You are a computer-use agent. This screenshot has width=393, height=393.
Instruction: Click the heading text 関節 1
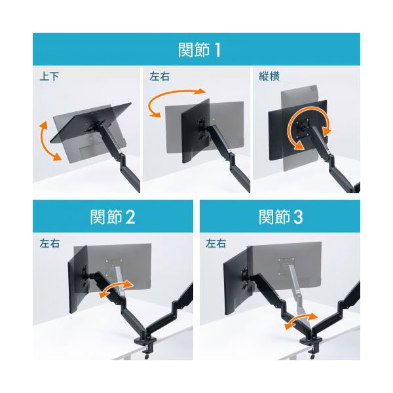(199, 50)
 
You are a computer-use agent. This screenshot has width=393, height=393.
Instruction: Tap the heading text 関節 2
(113, 217)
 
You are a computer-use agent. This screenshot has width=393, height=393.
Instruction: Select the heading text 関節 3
(281, 217)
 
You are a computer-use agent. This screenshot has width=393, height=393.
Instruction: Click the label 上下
(49, 76)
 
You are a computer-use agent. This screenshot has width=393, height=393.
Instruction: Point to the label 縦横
(269, 76)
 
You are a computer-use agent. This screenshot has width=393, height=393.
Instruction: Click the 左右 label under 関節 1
(159, 76)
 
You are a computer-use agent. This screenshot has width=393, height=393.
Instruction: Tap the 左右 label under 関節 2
(49, 243)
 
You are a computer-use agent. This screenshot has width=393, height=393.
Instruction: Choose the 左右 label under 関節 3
(215, 243)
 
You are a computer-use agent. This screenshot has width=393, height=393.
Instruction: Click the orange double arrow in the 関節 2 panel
(116, 288)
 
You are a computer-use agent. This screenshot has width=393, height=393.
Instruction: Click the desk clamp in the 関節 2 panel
(145, 345)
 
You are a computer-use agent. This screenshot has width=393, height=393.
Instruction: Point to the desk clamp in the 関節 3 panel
(311, 345)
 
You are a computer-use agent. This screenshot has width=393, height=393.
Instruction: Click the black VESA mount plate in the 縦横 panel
(303, 128)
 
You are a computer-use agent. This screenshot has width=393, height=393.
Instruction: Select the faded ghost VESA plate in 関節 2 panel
(114, 266)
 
